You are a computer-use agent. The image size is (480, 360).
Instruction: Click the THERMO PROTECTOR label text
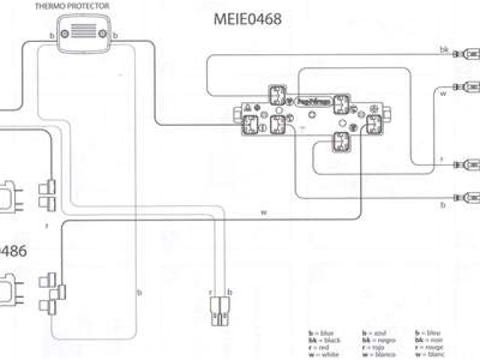pos(82,6)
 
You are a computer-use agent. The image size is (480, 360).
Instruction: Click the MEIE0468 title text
pos(247,20)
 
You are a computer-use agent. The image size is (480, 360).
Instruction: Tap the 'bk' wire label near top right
pos(444,49)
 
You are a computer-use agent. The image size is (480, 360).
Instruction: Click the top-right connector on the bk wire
pos(471,54)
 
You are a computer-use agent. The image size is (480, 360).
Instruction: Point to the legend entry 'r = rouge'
pos(430,346)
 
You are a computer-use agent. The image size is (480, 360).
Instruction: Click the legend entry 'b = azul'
pos(374,331)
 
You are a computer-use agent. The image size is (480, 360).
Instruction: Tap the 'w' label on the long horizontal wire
pos(263,212)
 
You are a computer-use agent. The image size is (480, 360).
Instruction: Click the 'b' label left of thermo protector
pos(51,35)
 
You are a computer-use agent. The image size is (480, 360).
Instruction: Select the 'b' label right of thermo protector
pos(113,35)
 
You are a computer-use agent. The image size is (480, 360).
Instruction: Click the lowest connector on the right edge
pos(471,197)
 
